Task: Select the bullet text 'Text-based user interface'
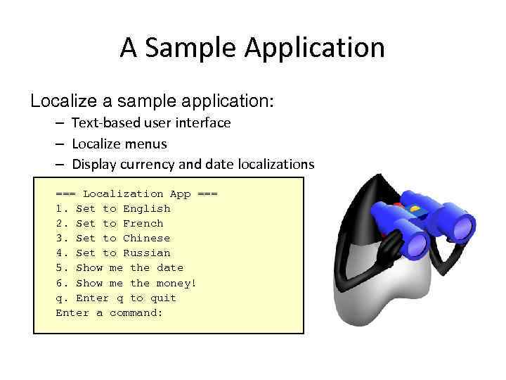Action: [151, 123]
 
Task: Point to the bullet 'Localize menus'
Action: [119, 144]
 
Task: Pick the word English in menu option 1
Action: [146, 208]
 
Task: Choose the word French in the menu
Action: [143, 223]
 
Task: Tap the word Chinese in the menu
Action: [146, 238]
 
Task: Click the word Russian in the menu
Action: [146, 253]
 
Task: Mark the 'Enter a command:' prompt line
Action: [109, 312]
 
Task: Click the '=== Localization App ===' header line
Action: [136, 194]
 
